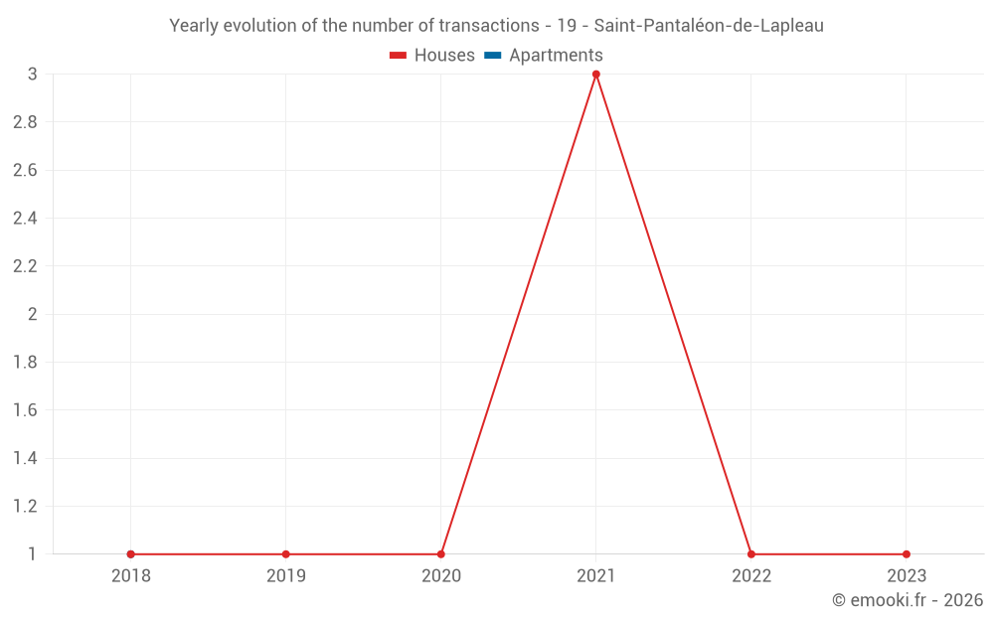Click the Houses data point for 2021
click(x=596, y=75)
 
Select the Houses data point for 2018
click(x=131, y=554)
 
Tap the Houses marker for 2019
click(x=286, y=554)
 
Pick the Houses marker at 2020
click(x=441, y=554)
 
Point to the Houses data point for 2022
click(x=751, y=554)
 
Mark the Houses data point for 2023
click(x=907, y=554)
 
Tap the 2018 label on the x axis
click(x=131, y=575)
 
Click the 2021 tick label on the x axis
click(x=596, y=575)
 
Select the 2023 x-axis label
click(x=907, y=575)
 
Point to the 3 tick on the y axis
click(x=33, y=75)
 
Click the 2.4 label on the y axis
click(x=25, y=219)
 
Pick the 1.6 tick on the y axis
click(x=25, y=410)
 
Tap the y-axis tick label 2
click(x=33, y=314)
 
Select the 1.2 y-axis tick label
click(x=25, y=507)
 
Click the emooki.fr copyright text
click(x=908, y=600)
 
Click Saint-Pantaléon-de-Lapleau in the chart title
click(x=709, y=26)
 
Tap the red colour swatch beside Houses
click(x=399, y=56)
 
